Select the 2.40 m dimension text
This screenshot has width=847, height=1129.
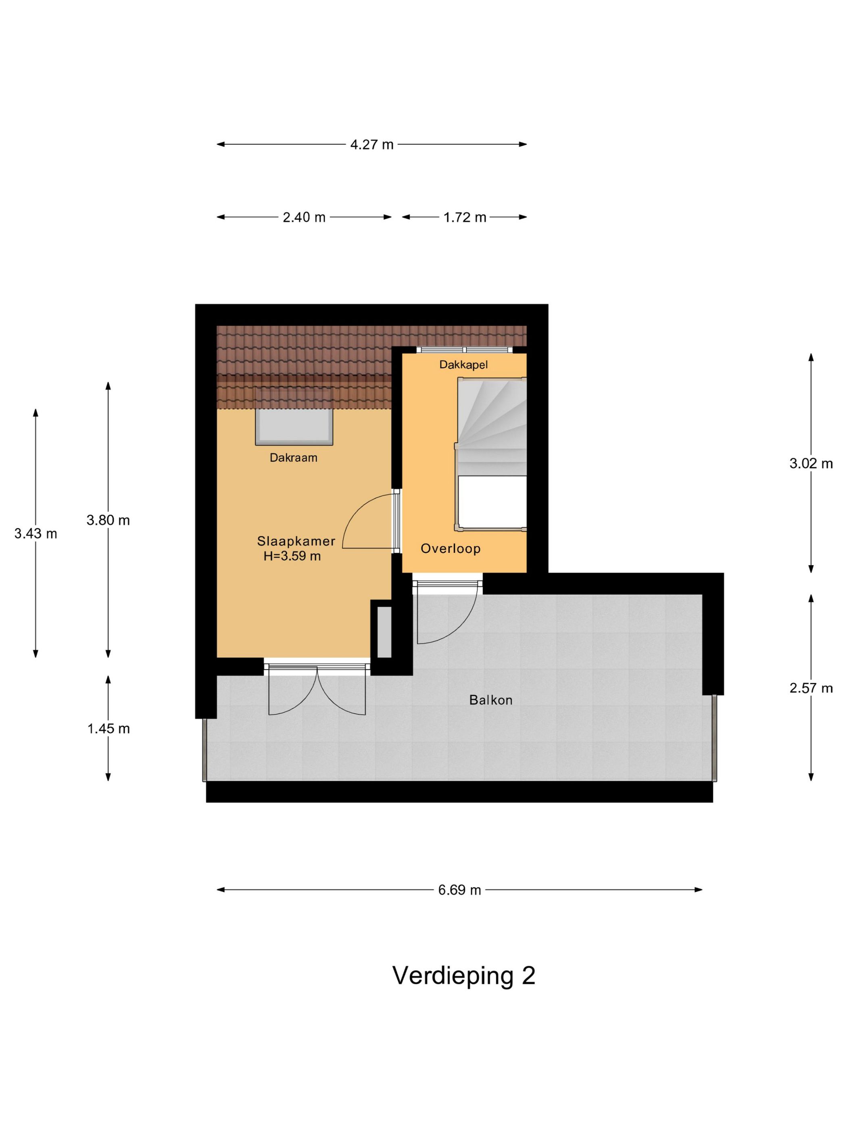click(304, 217)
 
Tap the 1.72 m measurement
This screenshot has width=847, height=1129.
click(464, 217)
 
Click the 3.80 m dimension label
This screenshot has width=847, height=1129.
click(108, 520)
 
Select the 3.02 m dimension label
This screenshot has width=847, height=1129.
click(811, 463)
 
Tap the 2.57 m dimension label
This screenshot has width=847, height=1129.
click(811, 688)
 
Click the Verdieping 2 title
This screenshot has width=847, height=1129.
click(463, 975)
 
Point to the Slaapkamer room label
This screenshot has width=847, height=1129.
click(296, 541)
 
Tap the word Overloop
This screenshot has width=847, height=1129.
click(450, 549)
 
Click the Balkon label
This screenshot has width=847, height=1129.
click(490, 700)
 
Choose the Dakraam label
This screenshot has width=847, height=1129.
click(293, 458)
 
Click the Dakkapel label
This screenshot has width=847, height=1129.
click(463, 365)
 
